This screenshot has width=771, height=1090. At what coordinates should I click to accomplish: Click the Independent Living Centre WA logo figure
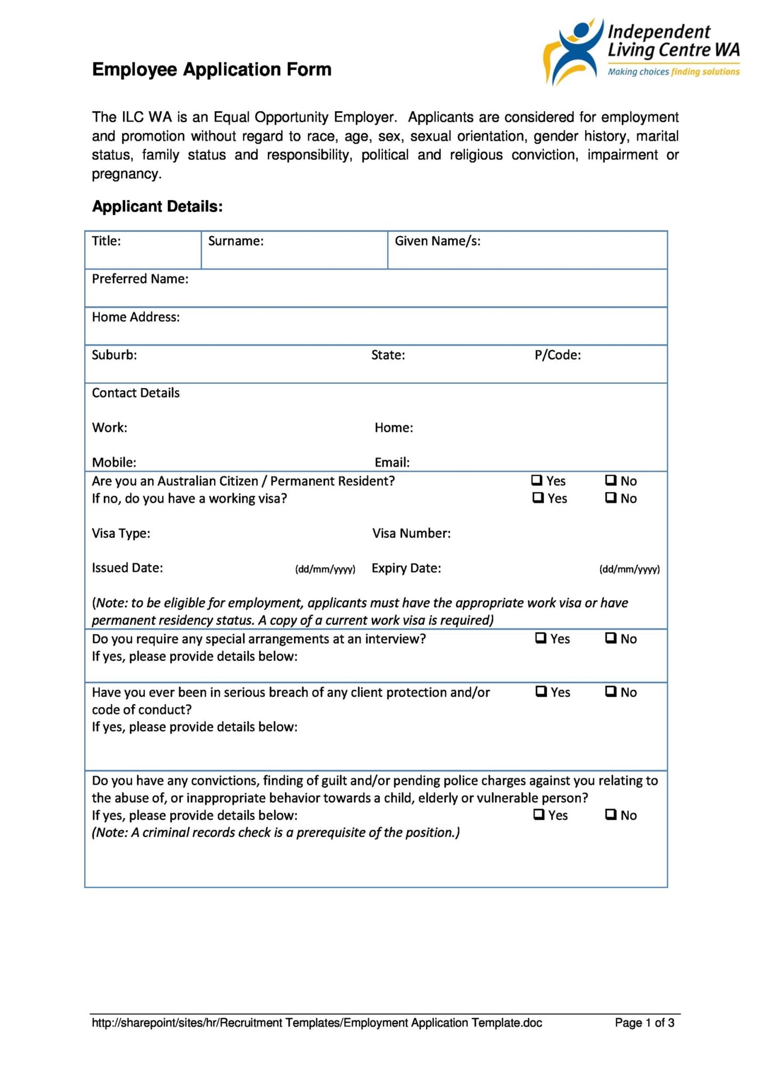(x=574, y=51)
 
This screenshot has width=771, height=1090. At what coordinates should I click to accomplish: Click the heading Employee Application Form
(x=211, y=70)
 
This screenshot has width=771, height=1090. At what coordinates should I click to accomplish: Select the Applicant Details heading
(x=157, y=207)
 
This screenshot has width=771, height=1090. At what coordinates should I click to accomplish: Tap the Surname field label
(x=235, y=241)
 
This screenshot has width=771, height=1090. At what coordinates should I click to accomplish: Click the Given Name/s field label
(x=437, y=241)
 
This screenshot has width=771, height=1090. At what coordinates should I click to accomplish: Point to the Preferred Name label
(x=140, y=279)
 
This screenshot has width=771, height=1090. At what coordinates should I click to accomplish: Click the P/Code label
(x=557, y=355)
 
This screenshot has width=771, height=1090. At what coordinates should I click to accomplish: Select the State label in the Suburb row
(x=388, y=355)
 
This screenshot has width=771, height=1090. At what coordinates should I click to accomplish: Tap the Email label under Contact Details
(x=392, y=463)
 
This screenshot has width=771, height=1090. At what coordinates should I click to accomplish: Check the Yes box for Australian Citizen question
(x=537, y=480)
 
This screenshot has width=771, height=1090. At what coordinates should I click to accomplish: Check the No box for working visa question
(x=610, y=498)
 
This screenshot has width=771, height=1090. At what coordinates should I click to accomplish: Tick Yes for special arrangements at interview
(x=540, y=638)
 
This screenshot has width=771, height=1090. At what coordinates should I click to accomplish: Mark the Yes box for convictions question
(x=539, y=814)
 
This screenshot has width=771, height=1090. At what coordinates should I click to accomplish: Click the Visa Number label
(x=411, y=533)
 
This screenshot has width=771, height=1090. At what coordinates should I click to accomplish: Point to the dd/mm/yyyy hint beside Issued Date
(x=325, y=569)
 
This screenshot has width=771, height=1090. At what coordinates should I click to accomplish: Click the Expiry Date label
(x=406, y=568)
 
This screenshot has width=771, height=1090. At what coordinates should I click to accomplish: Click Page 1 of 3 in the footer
(x=644, y=1022)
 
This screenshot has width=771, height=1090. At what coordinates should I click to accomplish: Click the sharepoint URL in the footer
(x=317, y=1022)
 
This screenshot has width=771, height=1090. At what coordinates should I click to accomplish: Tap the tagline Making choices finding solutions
(x=673, y=72)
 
